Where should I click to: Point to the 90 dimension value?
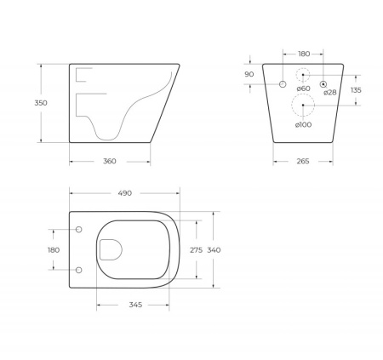[x=249, y=75]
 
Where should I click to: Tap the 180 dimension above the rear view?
[x=303, y=53]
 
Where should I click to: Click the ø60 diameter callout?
[x=303, y=89]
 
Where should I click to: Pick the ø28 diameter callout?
[x=329, y=92]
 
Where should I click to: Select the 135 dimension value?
[x=357, y=89]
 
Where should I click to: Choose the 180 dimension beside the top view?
[x=54, y=250]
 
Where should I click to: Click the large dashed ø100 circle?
[x=303, y=106]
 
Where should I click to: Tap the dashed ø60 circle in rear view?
[x=303, y=75]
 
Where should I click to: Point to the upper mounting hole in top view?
[x=79, y=230]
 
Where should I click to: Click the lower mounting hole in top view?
[x=79, y=270]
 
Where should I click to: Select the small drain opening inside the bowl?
[x=111, y=249]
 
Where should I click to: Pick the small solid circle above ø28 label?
[x=323, y=83]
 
